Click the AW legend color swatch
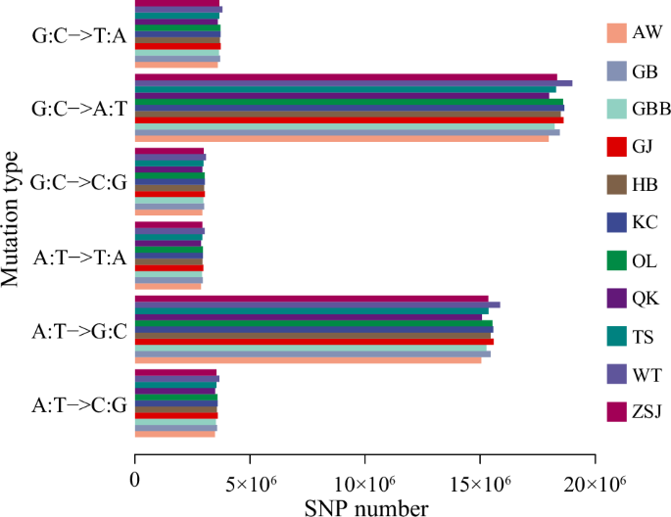pos(616,33)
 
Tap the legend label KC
pos(645,222)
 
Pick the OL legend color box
pos(616,259)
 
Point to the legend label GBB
pos(651,110)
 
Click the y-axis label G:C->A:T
pos(78,108)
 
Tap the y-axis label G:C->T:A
pos(78,33)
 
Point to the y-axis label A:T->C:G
pos(78,404)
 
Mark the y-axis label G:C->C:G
pos(78,182)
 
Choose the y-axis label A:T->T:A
pos(78,257)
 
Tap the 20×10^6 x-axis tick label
pos(595,482)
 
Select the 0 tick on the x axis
pos(135,482)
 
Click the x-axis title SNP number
pos(364,507)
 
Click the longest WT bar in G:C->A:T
pos(353,83)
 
